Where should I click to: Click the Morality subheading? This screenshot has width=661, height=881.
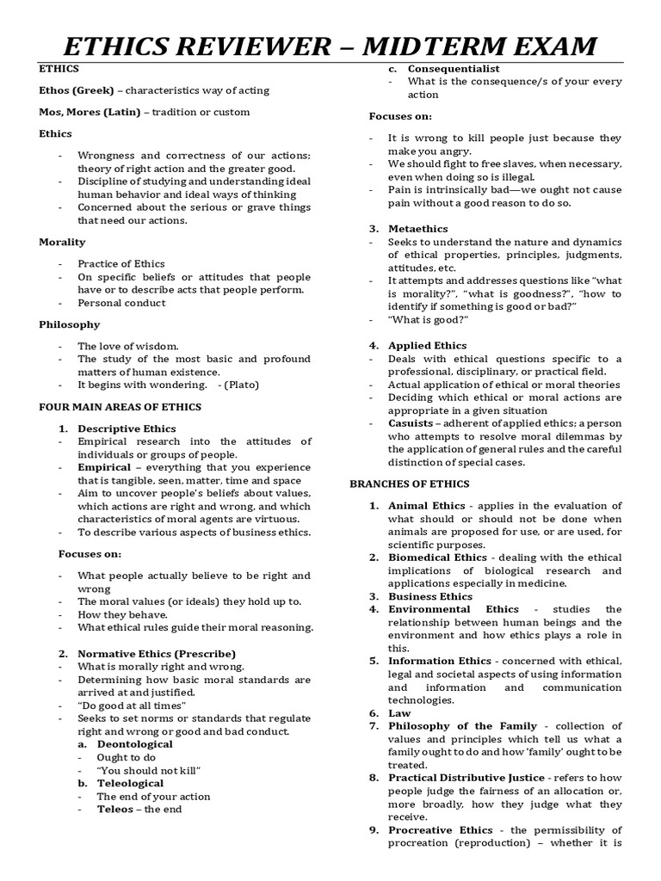point(61,242)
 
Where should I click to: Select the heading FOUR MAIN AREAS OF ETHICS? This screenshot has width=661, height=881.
point(120,406)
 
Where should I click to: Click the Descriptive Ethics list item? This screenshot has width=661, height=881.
point(127,428)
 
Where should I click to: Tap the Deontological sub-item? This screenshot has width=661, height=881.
point(134,743)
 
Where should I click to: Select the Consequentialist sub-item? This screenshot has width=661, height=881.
point(454,68)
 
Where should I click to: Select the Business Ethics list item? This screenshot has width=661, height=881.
point(430,596)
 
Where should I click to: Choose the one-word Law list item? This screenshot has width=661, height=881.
point(399,713)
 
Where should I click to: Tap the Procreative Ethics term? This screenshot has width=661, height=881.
point(440,830)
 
